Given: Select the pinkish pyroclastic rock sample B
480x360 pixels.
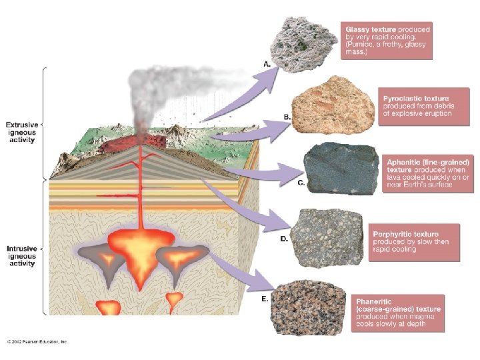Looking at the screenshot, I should [x=327, y=109].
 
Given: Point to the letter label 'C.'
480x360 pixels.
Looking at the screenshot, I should [x=301, y=183].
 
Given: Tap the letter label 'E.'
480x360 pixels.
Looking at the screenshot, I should [x=265, y=299].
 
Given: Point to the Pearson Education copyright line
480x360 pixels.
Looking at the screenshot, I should [x=38, y=341].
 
